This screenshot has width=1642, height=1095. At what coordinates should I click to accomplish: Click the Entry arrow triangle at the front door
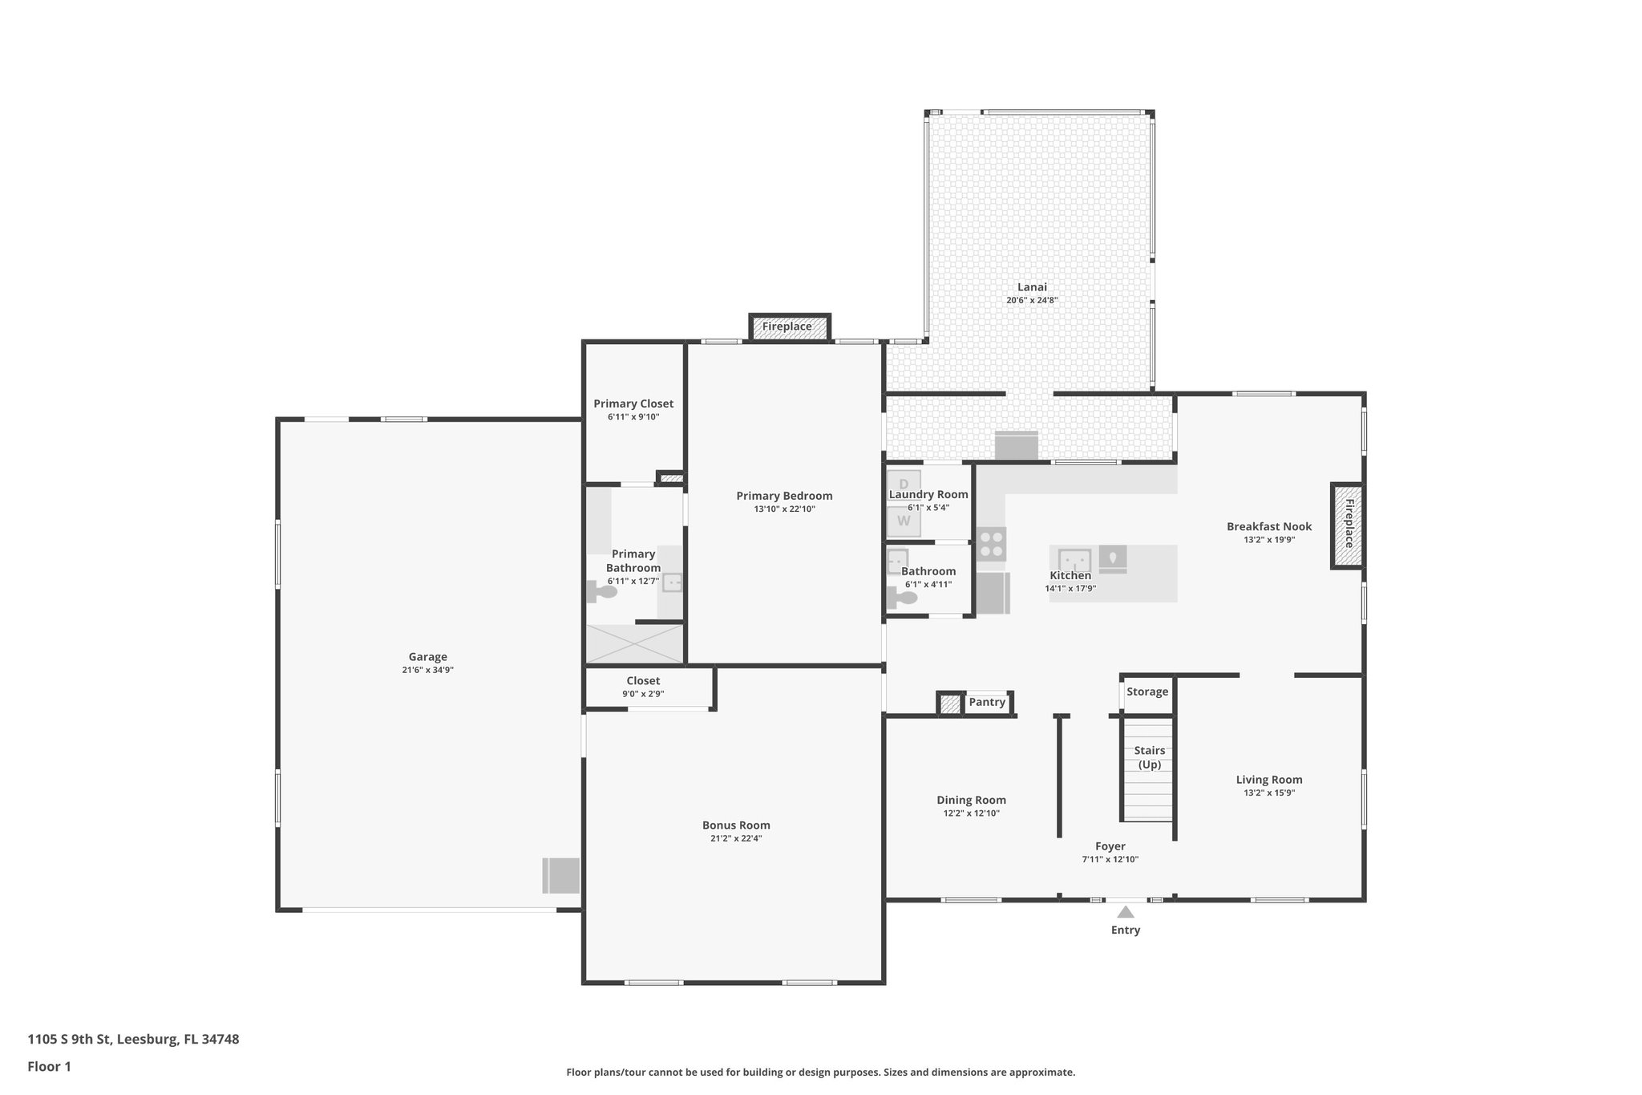1126,912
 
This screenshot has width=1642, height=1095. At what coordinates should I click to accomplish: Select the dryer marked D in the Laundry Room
904,484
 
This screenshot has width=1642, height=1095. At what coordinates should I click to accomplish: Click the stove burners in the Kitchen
993,544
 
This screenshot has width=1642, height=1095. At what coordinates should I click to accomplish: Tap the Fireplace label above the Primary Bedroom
787,326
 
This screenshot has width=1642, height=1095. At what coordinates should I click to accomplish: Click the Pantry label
987,702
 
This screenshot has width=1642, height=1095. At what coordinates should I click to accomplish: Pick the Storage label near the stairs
1147,691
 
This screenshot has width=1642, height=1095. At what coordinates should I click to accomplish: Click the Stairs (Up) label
1150,757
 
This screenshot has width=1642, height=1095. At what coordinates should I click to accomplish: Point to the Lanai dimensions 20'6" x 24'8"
1032,300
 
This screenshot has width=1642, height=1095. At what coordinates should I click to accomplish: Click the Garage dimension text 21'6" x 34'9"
428,670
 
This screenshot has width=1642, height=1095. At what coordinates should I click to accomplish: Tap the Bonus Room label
736,825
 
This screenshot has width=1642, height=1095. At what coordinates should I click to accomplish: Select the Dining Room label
971,800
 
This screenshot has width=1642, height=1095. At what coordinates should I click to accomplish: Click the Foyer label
1110,846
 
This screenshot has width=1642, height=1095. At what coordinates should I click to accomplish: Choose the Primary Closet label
633,404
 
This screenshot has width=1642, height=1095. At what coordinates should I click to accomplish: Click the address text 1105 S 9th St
133,1039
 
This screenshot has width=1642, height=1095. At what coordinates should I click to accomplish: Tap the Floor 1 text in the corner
49,1066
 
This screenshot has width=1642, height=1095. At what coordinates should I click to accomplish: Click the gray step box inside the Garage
561,875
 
